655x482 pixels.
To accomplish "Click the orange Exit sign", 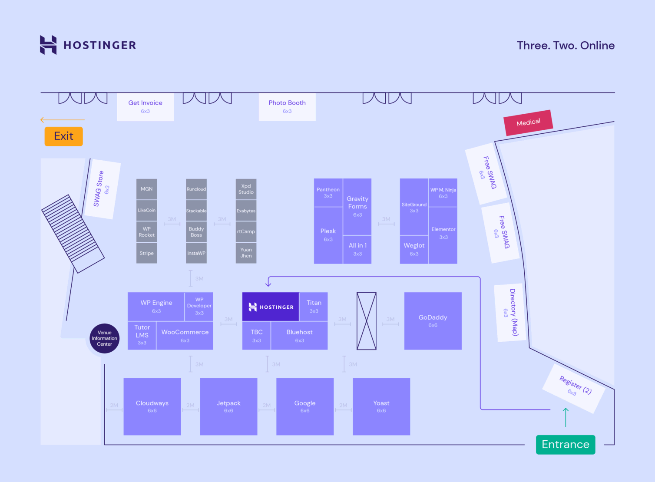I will pyautogui.click(x=63, y=136).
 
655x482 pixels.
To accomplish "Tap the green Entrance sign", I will pyautogui.click(x=565, y=445).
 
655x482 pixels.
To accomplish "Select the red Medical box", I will pyautogui.click(x=528, y=122).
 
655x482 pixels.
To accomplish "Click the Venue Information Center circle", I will pyautogui.click(x=104, y=338).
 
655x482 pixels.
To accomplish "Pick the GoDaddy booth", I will pyautogui.click(x=433, y=321).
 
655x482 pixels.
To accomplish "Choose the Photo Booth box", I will pyautogui.click(x=287, y=106).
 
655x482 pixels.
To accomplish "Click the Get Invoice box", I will pyautogui.click(x=145, y=106).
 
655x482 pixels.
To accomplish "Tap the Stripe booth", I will pyautogui.click(x=146, y=253).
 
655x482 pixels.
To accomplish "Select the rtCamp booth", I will pyautogui.click(x=246, y=231).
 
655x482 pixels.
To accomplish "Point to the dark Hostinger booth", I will pyautogui.click(x=271, y=307).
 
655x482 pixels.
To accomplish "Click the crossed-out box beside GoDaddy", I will pyautogui.click(x=366, y=321).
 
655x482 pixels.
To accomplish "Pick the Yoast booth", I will pyautogui.click(x=381, y=406).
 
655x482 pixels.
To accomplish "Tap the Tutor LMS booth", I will pyautogui.click(x=142, y=335).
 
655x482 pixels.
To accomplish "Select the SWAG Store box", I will pyautogui.click(x=102, y=189).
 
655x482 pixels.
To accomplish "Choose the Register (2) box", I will pyautogui.click(x=574, y=388).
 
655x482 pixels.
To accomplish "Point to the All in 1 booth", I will pyautogui.click(x=357, y=249).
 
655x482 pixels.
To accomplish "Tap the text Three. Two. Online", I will pyautogui.click(x=566, y=46).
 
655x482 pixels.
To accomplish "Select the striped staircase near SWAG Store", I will pyautogui.click(x=73, y=234).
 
